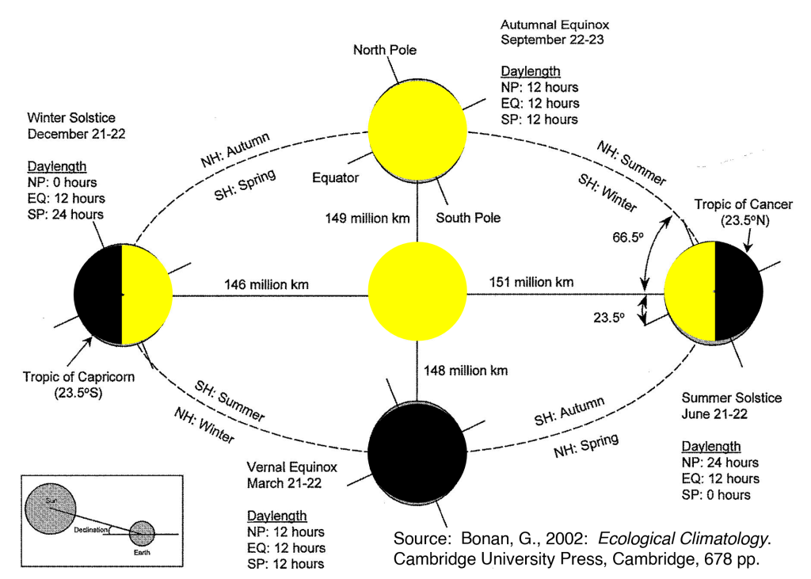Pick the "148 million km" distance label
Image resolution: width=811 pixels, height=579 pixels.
pos(466,369)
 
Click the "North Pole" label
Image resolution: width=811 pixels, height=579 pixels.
pos(384,51)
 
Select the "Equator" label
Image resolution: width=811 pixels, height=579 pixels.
pos(336,177)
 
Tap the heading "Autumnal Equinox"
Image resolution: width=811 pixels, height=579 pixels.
pos(554,23)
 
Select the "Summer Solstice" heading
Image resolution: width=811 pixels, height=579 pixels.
pos(732,398)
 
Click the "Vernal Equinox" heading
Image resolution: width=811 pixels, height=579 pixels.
pos(291,467)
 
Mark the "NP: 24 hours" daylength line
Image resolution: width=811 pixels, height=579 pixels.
pos(720,462)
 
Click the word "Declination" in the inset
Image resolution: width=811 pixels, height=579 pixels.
pos(92,529)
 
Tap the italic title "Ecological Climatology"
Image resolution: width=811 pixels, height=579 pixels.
pos(683,539)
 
